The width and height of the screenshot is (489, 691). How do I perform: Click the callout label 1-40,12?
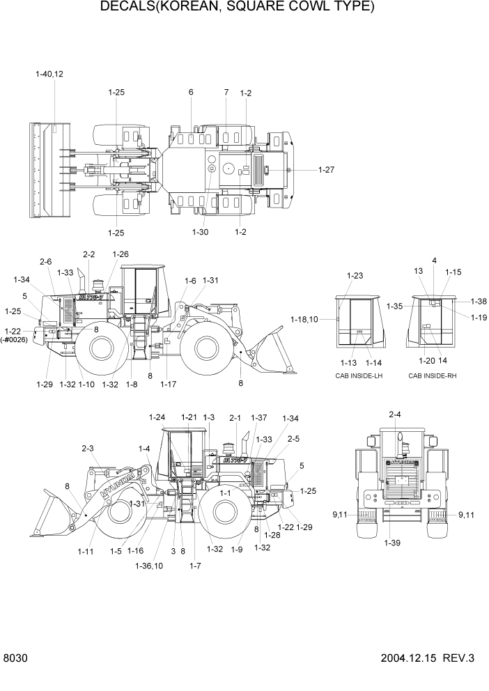point(49,74)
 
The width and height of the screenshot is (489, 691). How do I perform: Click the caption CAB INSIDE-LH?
point(359,375)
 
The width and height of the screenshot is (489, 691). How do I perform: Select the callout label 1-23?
point(355,275)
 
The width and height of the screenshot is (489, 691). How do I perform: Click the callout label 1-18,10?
point(304,319)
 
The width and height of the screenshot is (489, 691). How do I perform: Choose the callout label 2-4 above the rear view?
point(394,415)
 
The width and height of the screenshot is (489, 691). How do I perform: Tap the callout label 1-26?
point(120,254)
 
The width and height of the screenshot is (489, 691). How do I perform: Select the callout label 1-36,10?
point(149,566)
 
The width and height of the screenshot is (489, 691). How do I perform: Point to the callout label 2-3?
point(88,449)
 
